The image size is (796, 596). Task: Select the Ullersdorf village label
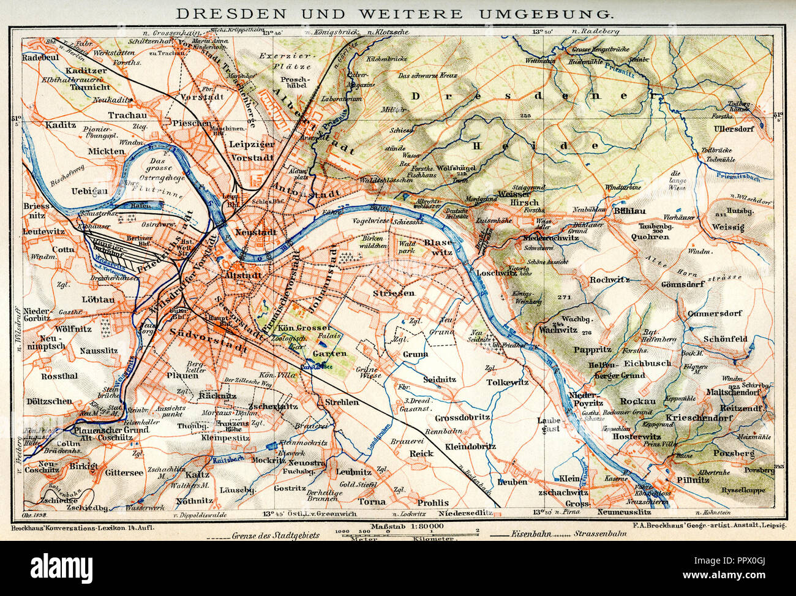click(x=738, y=129)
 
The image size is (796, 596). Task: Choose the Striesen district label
click(x=393, y=293)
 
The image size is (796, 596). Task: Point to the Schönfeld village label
click(x=726, y=339)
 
